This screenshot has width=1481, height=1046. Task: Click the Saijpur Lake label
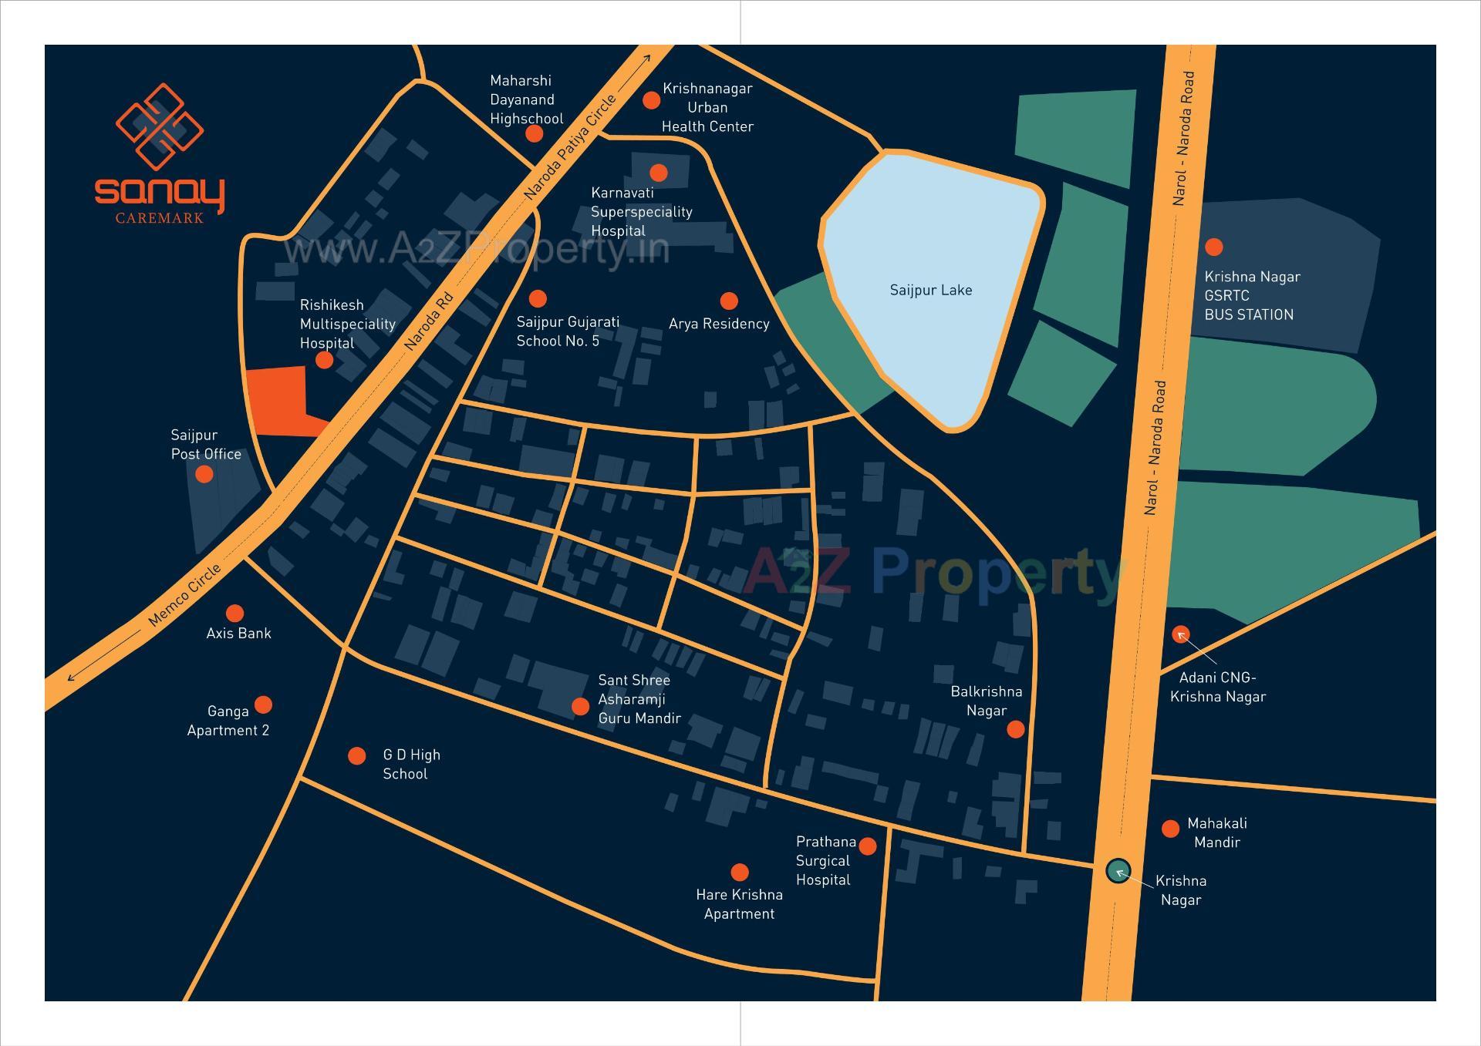(x=930, y=291)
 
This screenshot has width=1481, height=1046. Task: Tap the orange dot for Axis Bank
(x=234, y=613)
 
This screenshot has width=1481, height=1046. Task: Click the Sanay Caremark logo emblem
(x=160, y=127)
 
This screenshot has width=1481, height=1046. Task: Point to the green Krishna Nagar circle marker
(x=1118, y=871)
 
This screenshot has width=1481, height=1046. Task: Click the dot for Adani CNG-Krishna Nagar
(x=1180, y=634)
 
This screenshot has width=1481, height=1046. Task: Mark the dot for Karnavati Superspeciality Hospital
(x=658, y=172)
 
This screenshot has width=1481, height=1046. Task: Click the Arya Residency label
(x=719, y=324)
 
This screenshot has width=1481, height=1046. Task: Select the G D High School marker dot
(x=356, y=755)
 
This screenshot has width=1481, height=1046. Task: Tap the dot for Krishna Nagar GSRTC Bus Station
(x=1213, y=247)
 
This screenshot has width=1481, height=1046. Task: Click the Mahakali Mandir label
(x=1216, y=832)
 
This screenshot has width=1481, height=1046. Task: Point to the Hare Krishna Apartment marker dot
(x=739, y=872)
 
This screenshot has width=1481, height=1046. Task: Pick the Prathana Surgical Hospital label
(x=824, y=860)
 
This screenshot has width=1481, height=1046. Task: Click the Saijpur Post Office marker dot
(x=204, y=474)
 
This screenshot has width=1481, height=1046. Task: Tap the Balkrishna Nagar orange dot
(x=1016, y=728)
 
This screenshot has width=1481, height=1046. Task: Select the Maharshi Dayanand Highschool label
(x=526, y=99)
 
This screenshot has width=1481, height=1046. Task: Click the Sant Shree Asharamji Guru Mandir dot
(x=580, y=706)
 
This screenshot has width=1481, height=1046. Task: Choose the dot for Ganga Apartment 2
(x=263, y=705)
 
